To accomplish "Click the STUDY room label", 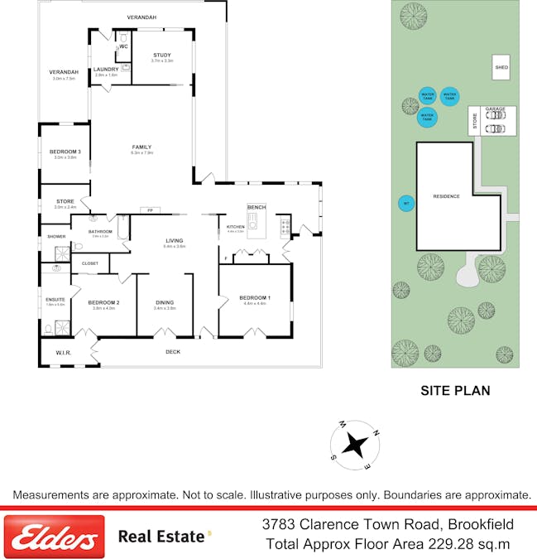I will coord(162,55).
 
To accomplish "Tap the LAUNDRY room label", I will coord(106,69).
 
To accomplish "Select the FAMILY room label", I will coord(141,147).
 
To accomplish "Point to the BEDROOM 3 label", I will coord(65,152).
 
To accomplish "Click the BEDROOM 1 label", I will coord(254,297).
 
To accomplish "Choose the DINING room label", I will coord(165,302).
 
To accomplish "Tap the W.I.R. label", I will coord(64,353).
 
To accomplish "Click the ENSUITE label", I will coord(55,300).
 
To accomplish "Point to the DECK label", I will coord(172,352).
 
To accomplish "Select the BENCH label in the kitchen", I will coord(256,206).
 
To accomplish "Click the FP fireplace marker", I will coord(150,210).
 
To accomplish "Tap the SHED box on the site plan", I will coord(501,68).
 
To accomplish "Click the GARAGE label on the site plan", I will coord(495,109).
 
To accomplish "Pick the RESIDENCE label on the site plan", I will coord(446,196).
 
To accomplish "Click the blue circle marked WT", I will coord(405,203).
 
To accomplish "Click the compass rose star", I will coord(356,446).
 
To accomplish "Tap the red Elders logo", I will coord(55,536).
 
